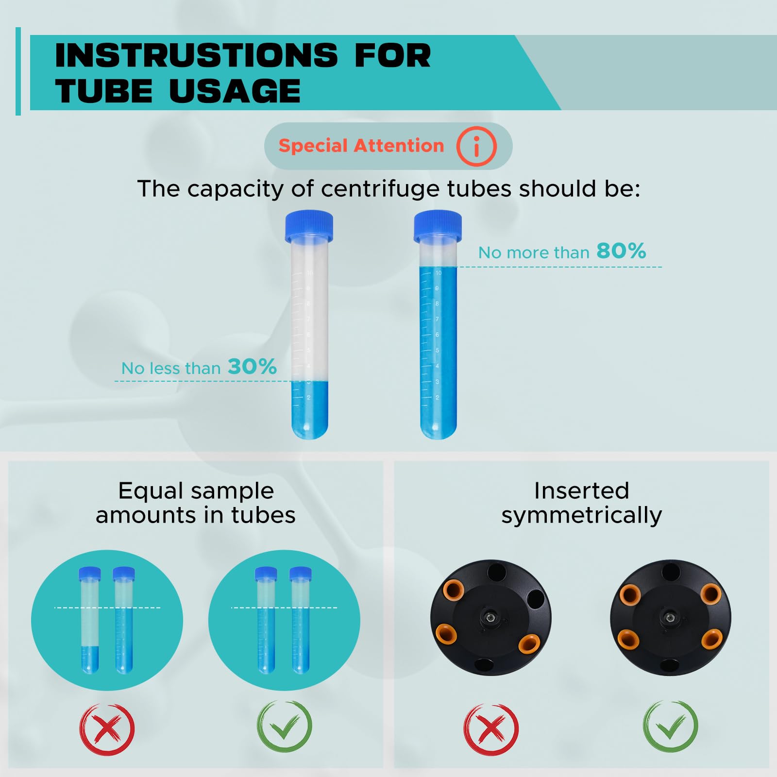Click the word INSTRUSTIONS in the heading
(x=196, y=55)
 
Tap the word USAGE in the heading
(x=235, y=91)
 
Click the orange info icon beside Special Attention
(x=476, y=146)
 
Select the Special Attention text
(x=361, y=146)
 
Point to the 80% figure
(x=621, y=251)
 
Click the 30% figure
(x=252, y=367)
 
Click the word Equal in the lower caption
(x=146, y=491)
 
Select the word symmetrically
(x=582, y=515)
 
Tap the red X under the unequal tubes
(x=107, y=729)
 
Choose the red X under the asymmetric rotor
(x=491, y=729)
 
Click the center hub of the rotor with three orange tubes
(x=491, y=618)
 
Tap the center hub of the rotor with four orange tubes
(x=670, y=618)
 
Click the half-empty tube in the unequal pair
(x=89, y=621)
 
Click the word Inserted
(x=582, y=491)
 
